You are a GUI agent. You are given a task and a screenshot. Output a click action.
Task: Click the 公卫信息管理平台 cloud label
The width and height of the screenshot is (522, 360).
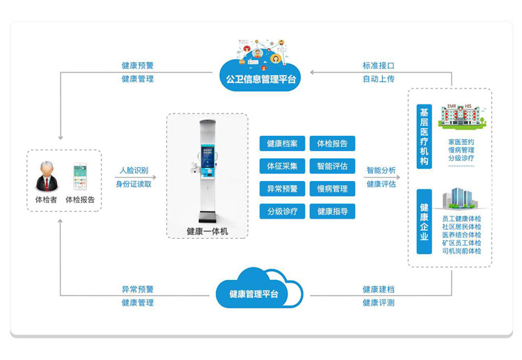click(261, 79)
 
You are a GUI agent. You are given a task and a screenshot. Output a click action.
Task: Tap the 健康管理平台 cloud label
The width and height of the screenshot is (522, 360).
click(254, 295)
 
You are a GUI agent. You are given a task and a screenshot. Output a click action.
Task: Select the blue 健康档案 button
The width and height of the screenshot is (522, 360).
click(282, 143)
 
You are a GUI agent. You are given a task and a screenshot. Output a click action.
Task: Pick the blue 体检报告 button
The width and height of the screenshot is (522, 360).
click(332, 143)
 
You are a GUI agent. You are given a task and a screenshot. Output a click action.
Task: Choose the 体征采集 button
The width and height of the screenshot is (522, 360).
click(282, 166)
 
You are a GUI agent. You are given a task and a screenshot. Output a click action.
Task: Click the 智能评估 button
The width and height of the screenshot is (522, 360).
click(332, 166)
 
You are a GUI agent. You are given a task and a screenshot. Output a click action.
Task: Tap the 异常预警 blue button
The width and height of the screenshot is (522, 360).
click(282, 188)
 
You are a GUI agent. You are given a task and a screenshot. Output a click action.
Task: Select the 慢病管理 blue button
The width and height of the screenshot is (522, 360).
click(332, 188)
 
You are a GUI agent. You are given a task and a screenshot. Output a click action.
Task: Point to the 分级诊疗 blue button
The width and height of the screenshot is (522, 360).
click(282, 210)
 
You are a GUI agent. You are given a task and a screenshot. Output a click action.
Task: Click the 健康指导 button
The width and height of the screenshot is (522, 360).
click(332, 210)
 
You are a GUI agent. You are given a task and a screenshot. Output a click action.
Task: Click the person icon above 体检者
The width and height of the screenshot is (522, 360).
click(47, 176)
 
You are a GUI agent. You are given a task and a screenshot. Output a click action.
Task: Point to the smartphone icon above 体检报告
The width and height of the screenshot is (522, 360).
click(80, 177)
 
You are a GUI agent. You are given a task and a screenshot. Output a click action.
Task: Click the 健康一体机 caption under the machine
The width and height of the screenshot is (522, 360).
click(207, 230)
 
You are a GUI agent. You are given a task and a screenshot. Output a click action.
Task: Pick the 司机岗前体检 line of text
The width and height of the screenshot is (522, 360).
click(461, 251)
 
